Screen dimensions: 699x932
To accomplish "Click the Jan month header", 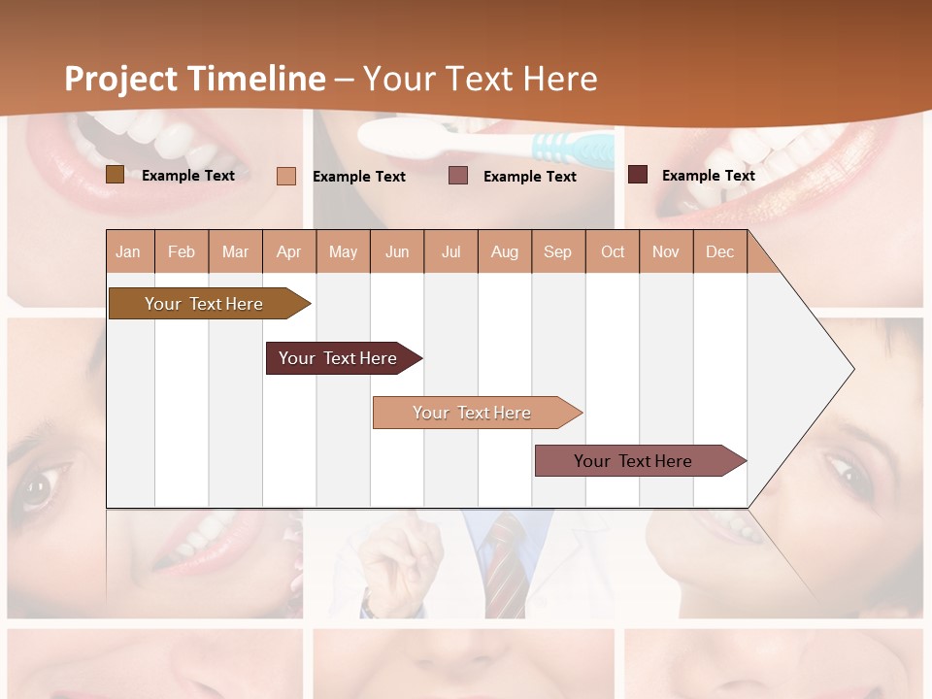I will (128, 252).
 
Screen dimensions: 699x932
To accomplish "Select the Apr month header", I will (289, 252).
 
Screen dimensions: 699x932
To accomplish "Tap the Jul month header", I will (450, 252).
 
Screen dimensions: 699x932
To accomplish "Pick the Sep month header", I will (557, 252).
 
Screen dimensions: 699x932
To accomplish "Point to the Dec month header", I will (719, 252).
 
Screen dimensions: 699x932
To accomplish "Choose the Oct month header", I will (613, 252).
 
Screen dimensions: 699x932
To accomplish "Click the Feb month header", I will (182, 252).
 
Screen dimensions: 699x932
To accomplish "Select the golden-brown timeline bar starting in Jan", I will (204, 304).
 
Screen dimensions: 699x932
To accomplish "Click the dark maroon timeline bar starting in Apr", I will (338, 358).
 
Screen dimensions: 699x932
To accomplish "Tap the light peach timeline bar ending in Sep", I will (472, 413).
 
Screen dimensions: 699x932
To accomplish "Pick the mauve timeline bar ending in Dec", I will (633, 461).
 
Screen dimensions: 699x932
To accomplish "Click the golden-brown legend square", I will (115, 175).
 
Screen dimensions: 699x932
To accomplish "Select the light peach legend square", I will (286, 176).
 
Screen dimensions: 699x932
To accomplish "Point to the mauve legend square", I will (458, 176).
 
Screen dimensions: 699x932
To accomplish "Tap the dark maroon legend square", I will (638, 175).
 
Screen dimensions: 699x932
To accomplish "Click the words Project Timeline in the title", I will (194, 79).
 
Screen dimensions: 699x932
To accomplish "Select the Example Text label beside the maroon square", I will (708, 176).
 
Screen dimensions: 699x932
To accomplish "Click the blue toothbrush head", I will (573, 149).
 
